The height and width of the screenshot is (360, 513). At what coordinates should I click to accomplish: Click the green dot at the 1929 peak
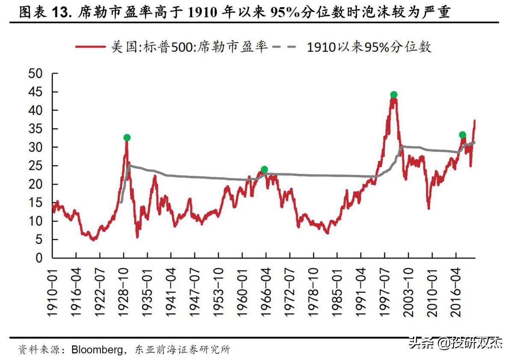tap(127, 138)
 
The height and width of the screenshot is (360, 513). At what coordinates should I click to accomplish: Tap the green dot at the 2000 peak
tap(394, 94)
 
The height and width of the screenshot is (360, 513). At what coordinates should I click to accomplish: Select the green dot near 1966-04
tap(264, 170)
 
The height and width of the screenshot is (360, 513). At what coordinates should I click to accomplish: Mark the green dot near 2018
tap(462, 135)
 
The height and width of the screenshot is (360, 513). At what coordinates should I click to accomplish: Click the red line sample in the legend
tap(90, 47)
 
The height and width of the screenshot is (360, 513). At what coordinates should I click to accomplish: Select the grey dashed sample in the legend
tap(283, 47)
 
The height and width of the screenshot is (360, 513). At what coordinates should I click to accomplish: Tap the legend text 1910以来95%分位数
tap(369, 47)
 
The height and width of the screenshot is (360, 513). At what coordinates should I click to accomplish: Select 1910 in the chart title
tap(200, 13)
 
